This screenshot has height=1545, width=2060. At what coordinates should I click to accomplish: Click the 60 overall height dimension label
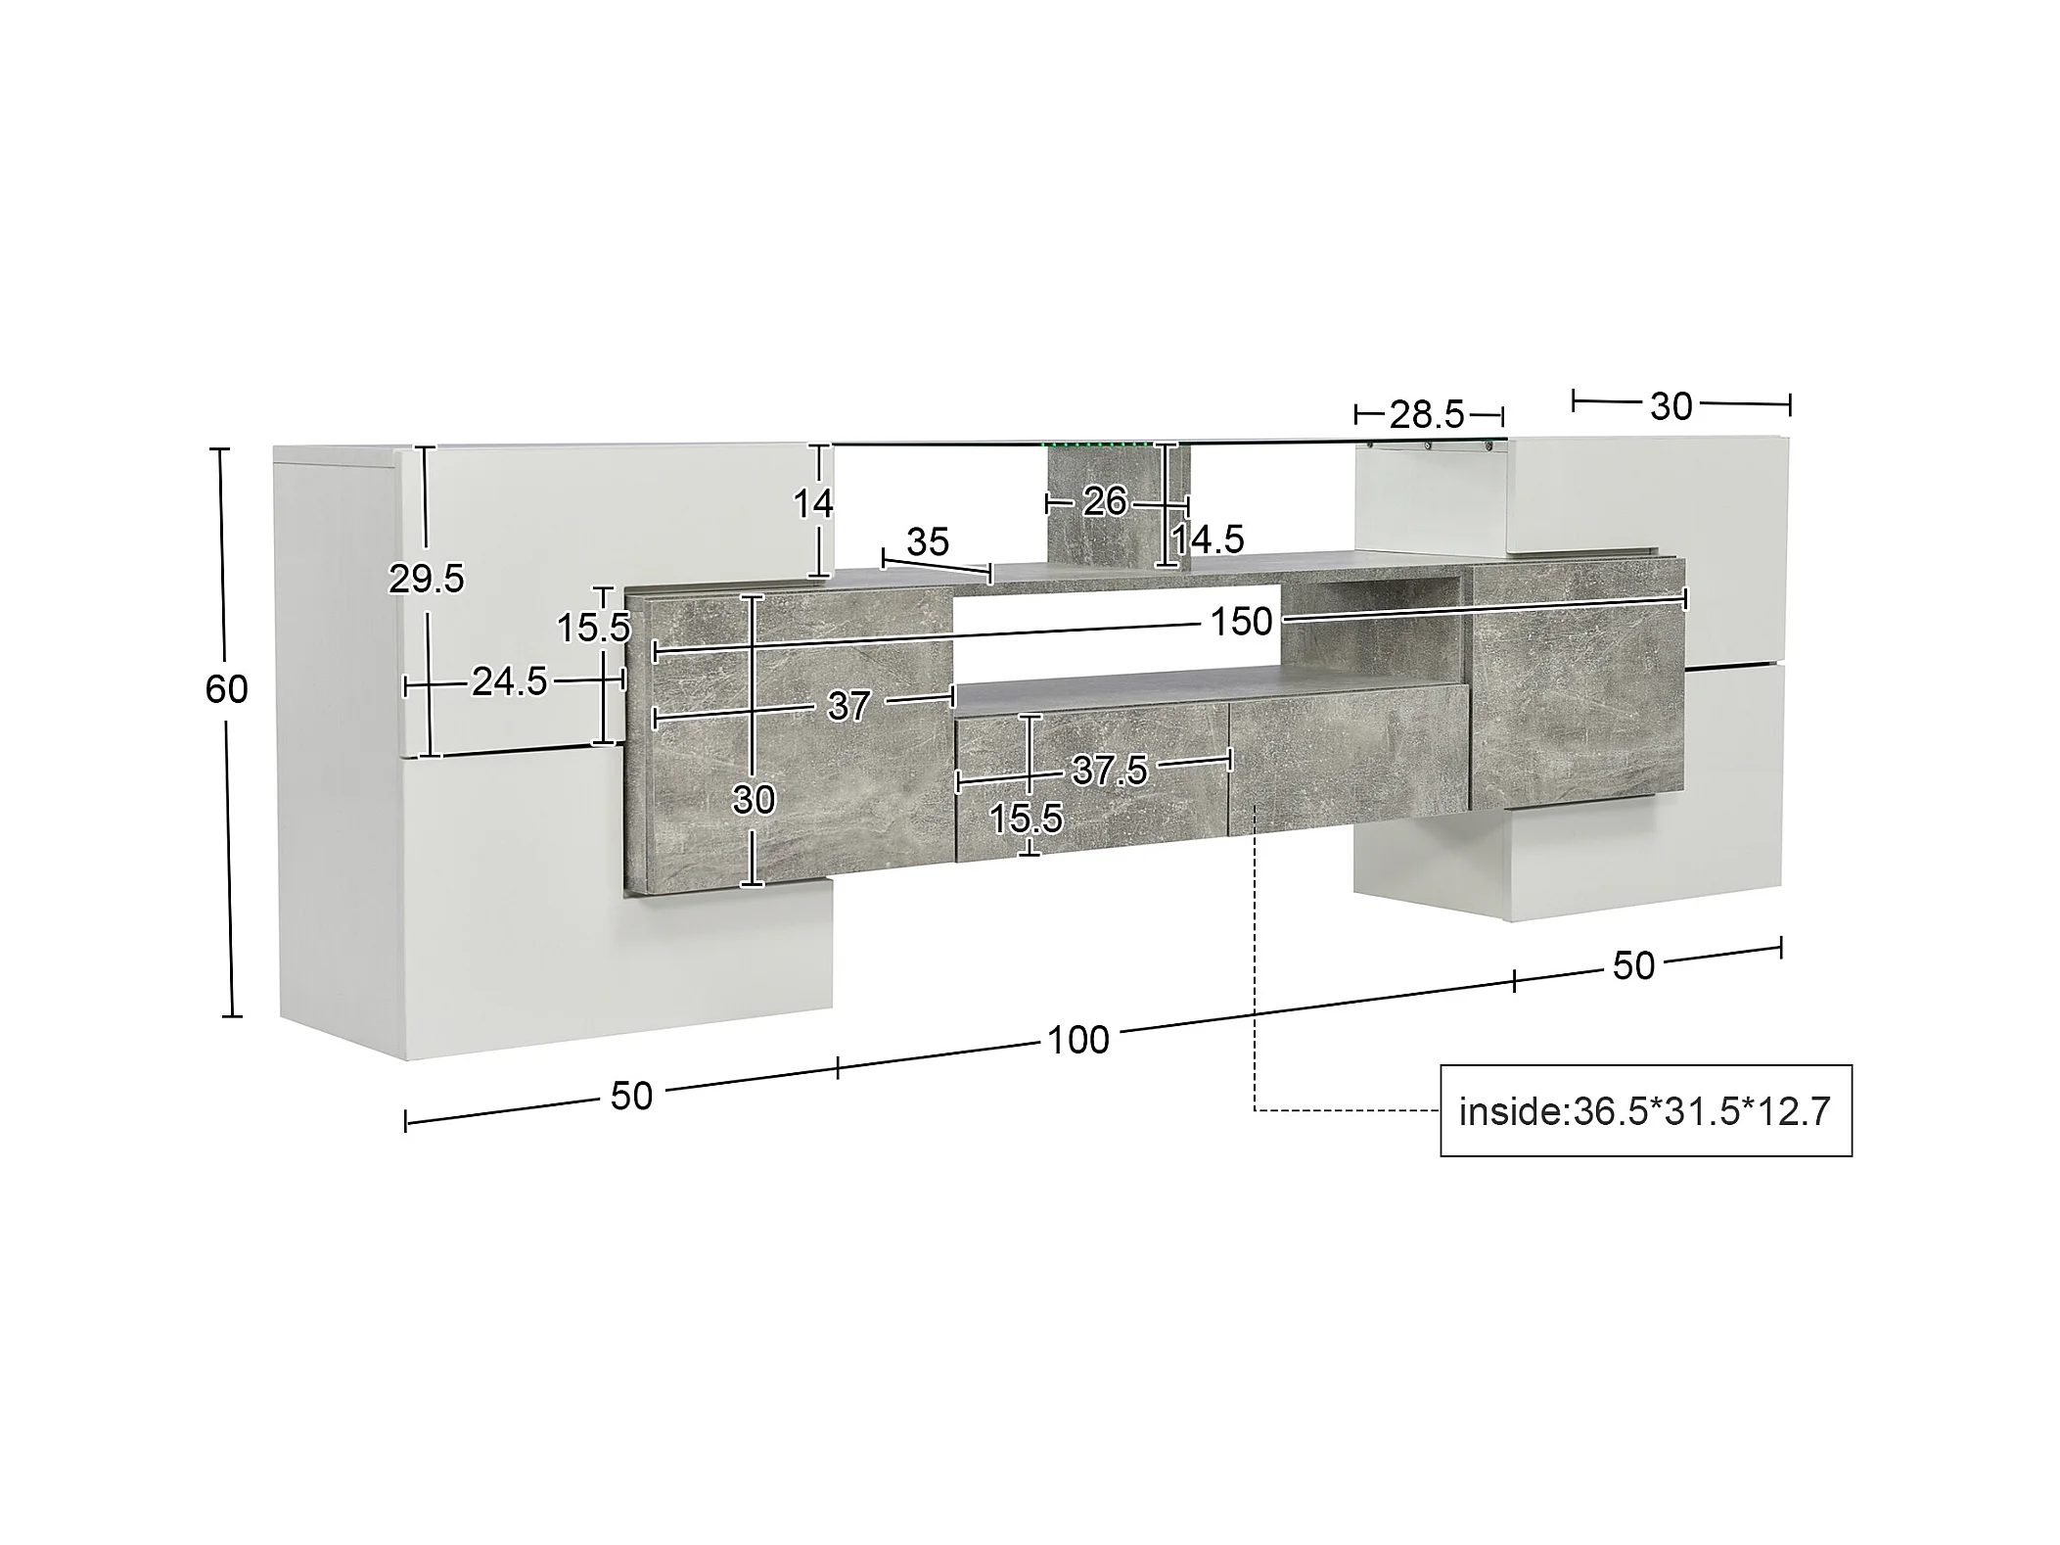(x=226, y=690)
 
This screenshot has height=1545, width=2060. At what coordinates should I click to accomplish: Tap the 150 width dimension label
(x=1241, y=622)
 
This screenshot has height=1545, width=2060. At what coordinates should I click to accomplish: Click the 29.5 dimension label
(x=426, y=580)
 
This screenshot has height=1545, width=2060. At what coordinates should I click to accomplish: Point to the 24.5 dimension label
(x=510, y=681)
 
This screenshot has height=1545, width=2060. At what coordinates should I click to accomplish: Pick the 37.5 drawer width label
(x=1110, y=771)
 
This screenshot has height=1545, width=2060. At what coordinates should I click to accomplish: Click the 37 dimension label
(x=848, y=706)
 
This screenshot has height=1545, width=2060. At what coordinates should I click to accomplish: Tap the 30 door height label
(x=754, y=800)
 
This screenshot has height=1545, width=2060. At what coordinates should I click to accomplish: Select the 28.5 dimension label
(x=1427, y=415)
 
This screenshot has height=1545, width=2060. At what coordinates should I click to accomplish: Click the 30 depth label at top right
(x=1671, y=406)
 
